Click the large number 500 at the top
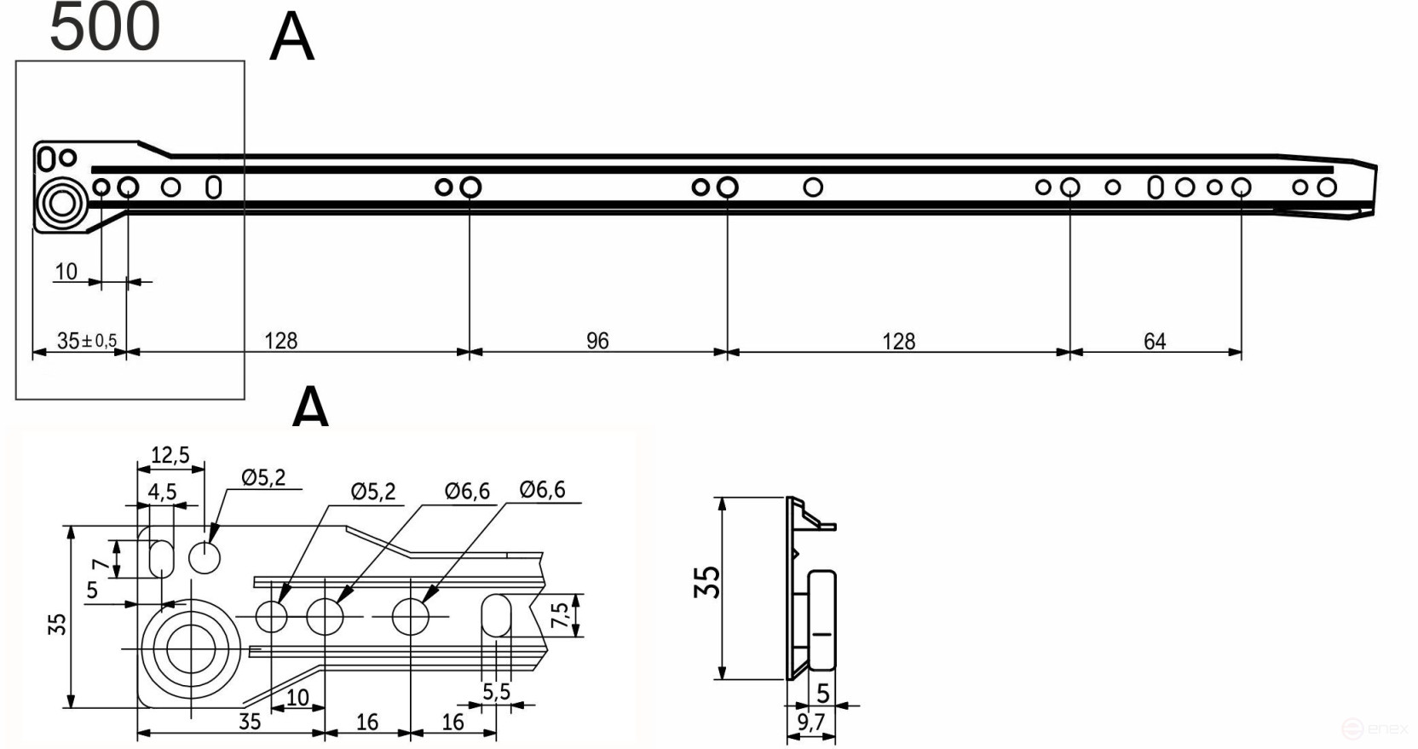pos(105,27)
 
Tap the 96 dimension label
pos(597,341)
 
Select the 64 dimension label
pos(1155,341)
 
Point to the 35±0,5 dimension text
pos(86,341)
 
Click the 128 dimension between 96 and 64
pos(898,341)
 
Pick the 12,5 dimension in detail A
pos(170,455)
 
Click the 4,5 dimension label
pos(162,492)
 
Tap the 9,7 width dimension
pos(811,723)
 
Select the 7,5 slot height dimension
pos(560,614)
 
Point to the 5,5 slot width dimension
pos(496,691)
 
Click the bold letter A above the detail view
pos(310,407)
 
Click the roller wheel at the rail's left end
pos(61,205)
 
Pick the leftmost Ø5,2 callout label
pos(262,477)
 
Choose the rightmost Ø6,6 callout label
pos(542,490)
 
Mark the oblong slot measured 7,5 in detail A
pos(496,615)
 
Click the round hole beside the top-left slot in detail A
pos(205,558)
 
